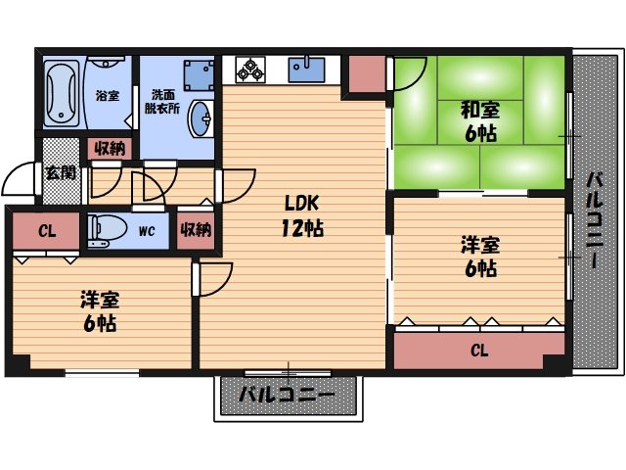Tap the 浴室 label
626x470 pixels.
[x=107, y=97]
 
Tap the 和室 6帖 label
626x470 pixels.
[x=480, y=121]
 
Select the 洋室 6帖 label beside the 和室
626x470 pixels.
[x=479, y=255]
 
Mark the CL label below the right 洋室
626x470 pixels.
[x=479, y=350]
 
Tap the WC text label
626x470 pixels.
[x=147, y=232]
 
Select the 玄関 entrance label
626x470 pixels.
[x=60, y=173]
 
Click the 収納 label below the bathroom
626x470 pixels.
[x=111, y=149]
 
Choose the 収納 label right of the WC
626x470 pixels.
[x=196, y=231]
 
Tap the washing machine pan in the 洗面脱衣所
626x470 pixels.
[x=198, y=74]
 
